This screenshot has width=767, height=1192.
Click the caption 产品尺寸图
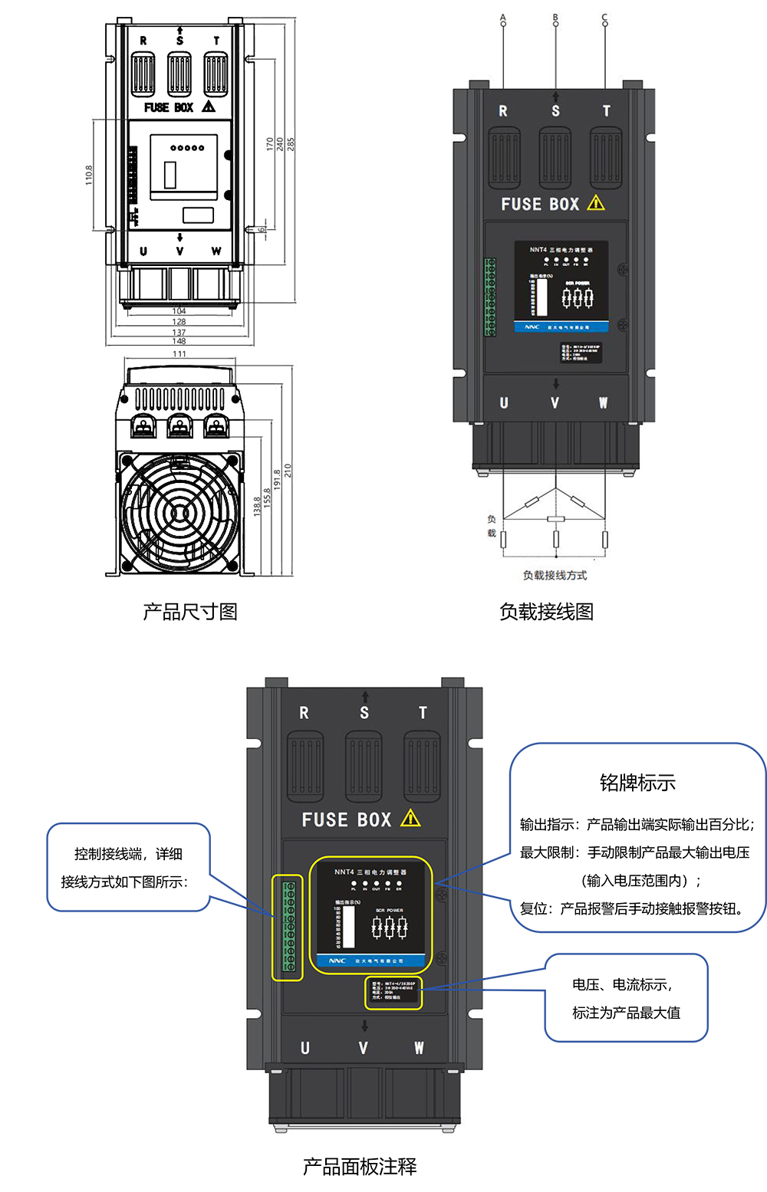pyautogui.click(x=189, y=612)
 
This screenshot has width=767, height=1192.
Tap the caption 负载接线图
pyautogui.click(x=546, y=612)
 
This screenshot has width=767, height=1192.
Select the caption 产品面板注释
pyautogui.click(x=360, y=1167)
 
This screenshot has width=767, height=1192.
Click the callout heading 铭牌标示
pyautogui.click(x=637, y=783)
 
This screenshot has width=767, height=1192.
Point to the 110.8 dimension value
pyautogui.click(x=89, y=175)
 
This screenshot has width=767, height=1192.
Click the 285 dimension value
pyautogui.click(x=291, y=144)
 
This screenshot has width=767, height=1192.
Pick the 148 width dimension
pyautogui.click(x=179, y=341)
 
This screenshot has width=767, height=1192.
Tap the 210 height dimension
pyautogui.click(x=288, y=470)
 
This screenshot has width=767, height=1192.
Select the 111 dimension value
pyautogui.click(x=179, y=354)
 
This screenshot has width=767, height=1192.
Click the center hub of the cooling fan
pyautogui.click(x=179, y=512)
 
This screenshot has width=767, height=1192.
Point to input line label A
pyautogui.click(x=503, y=17)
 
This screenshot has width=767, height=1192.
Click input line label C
pyautogui.click(x=604, y=17)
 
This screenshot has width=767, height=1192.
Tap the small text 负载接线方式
pyautogui.click(x=555, y=575)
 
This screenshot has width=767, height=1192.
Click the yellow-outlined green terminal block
pyautogui.click(x=288, y=928)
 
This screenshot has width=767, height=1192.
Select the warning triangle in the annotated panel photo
pyautogui.click(x=410, y=819)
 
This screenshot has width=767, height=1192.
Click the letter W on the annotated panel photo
pyautogui.click(x=419, y=1048)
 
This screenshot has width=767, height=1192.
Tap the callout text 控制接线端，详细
pyautogui.click(x=128, y=854)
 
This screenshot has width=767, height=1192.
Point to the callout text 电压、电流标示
pyautogui.click(x=622, y=984)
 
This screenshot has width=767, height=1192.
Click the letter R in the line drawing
pyautogui.click(x=143, y=41)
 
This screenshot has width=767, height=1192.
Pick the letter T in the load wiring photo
pyautogui.click(x=606, y=111)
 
